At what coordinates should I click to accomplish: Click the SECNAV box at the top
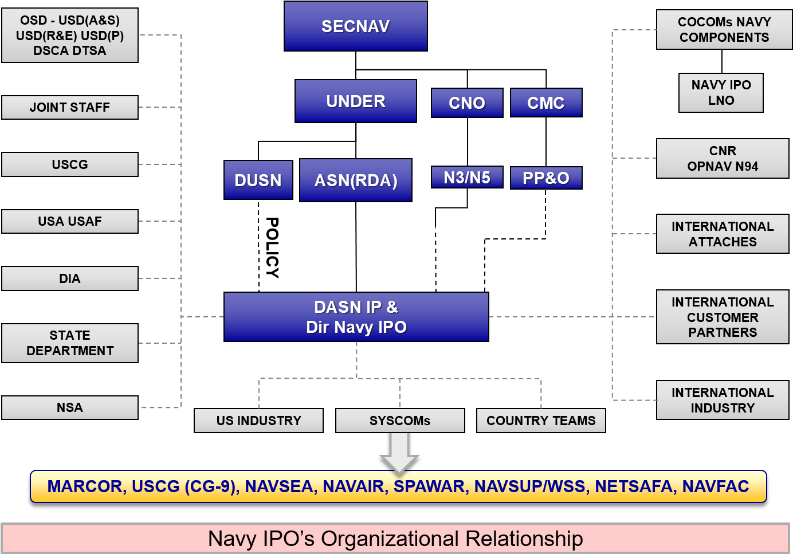[x=355, y=26]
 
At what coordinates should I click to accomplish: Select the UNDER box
[x=355, y=101]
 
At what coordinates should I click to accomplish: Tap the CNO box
[x=467, y=103]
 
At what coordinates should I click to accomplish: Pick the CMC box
[x=546, y=103]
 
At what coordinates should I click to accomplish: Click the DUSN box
[x=258, y=180]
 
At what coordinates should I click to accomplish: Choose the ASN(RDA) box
[x=355, y=180]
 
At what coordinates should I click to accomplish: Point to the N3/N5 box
[x=467, y=177]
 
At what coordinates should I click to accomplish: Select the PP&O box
[x=546, y=178]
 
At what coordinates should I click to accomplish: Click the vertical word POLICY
[x=272, y=248]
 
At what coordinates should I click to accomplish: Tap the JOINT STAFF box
[x=70, y=107]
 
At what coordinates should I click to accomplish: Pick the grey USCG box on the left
[x=70, y=164]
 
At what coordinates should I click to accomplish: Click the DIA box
[x=70, y=278]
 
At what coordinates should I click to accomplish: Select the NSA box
[x=70, y=407]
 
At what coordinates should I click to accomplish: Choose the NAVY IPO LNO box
[x=721, y=93]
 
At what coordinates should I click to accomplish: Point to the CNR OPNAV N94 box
[x=723, y=158]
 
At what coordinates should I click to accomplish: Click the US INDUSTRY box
[x=258, y=421]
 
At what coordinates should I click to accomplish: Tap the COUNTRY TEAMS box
[x=541, y=421]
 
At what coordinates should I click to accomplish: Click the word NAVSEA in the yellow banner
[x=279, y=486]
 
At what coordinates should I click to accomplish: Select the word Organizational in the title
[x=390, y=539]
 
